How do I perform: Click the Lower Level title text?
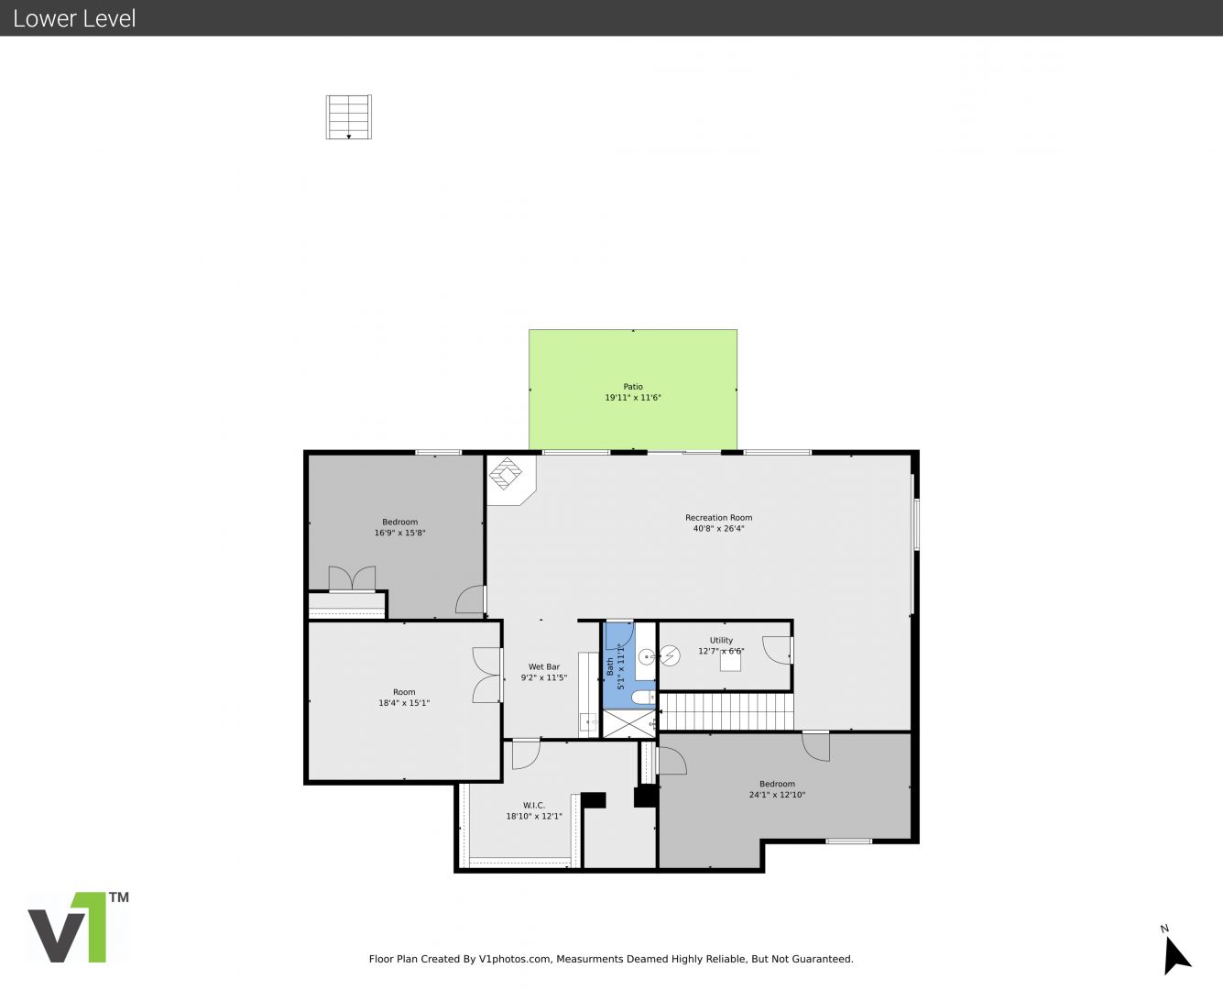click(x=74, y=18)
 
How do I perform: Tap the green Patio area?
click(x=633, y=389)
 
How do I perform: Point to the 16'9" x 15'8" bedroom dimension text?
click(x=399, y=533)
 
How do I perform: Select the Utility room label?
click(x=721, y=640)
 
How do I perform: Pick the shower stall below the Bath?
click(x=629, y=724)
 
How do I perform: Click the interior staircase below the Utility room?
click(x=726, y=711)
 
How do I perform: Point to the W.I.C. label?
click(x=533, y=805)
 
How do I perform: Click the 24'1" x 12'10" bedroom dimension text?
click(x=777, y=795)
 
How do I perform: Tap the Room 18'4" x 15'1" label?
click(x=404, y=697)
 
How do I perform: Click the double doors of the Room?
click(x=486, y=676)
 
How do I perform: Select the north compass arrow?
click(x=1176, y=956)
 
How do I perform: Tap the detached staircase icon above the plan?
click(x=348, y=116)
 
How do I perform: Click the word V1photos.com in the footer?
click(x=515, y=959)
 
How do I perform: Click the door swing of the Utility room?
click(x=777, y=651)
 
